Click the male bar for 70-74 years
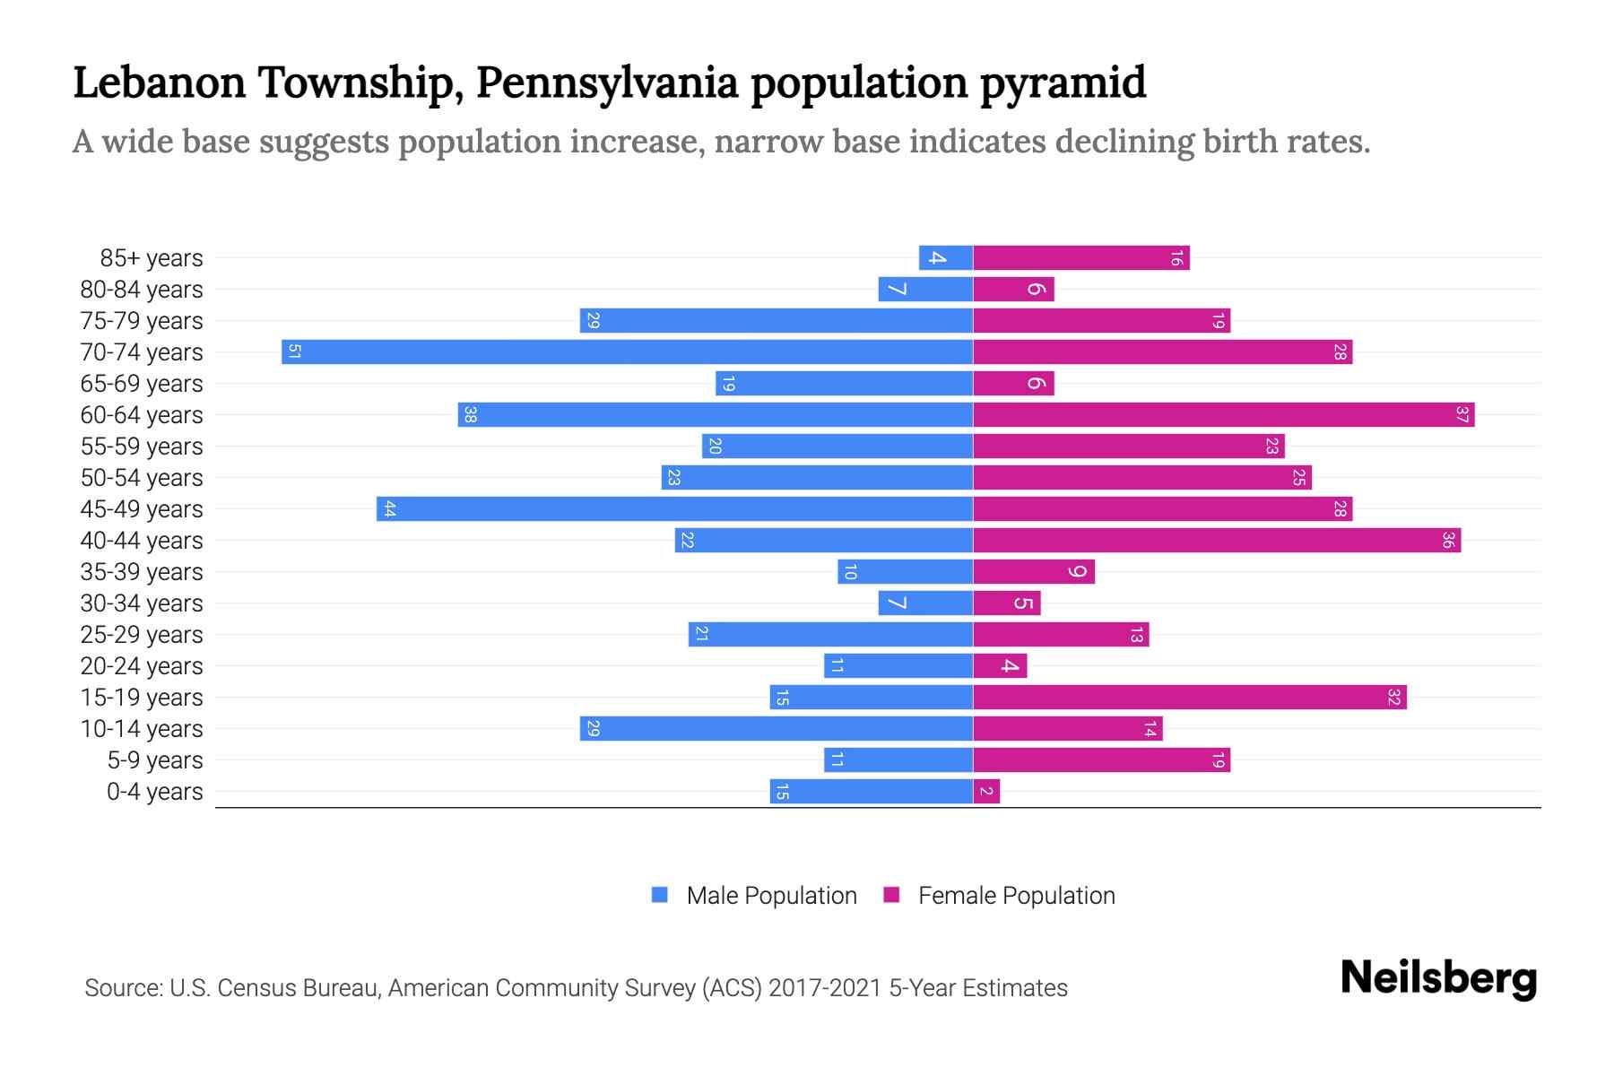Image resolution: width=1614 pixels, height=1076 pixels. click(628, 351)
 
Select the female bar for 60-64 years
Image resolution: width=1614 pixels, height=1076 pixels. click(1224, 414)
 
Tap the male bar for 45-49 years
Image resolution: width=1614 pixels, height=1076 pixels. click(674, 508)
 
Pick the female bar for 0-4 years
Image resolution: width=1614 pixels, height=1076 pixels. click(986, 791)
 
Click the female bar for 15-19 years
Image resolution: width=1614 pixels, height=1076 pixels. click(1190, 697)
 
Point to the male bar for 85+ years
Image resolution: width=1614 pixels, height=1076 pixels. click(946, 257)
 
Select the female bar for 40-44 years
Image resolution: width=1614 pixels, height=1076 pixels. click(1217, 540)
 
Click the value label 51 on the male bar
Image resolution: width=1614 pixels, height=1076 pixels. click(294, 351)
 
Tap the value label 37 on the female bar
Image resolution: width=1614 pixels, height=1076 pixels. click(1462, 414)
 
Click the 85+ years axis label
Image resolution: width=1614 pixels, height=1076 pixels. click(152, 258)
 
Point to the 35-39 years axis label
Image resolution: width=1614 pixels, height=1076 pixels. click(142, 572)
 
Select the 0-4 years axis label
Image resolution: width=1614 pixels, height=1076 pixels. click(154, 792)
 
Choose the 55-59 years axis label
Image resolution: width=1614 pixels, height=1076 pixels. click(142, 447)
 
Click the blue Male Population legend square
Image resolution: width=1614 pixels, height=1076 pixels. click(660, 895)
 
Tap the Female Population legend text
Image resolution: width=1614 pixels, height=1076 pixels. click(1016, 895)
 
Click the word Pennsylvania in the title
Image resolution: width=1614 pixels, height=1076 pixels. click(606, 82)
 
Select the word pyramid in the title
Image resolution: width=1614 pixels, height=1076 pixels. click(1063, 82)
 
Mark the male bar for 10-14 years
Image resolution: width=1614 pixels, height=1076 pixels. click(777, 728)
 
